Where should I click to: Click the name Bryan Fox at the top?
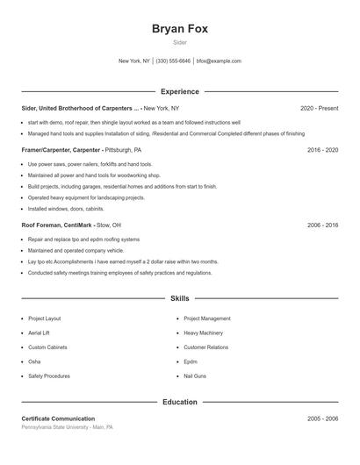coord(179,28)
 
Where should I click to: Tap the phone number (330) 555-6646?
coord(174,61)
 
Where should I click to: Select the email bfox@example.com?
coord(219,61)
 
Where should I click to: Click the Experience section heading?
coord(179,91)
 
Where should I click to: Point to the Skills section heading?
coord(179,299)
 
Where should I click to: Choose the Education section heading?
coord(179,402)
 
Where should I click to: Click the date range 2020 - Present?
coord(319,108)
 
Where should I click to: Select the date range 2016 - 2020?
coord(322,150)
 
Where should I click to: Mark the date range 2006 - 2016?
coord(322,225)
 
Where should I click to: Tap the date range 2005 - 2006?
coord(322,418)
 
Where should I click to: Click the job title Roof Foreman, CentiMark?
coord(56,225)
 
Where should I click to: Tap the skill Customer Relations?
coord(206,347)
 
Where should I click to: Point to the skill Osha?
coord(34,361)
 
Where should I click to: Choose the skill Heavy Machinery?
coord(204,333)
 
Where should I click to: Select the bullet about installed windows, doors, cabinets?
coord(66,209)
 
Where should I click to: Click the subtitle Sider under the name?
coord(179,42)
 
